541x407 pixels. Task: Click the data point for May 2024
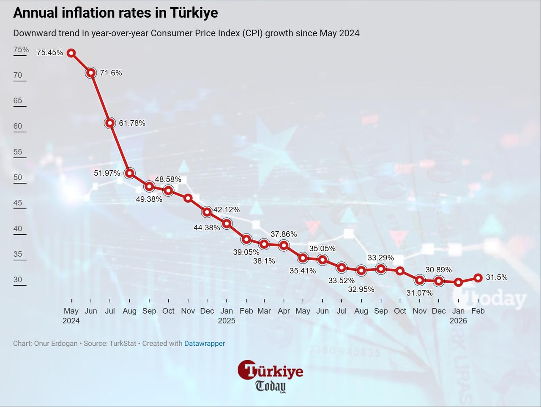point(71,53)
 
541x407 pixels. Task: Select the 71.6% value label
point(111,73)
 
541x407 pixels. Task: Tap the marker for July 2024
point(110,123)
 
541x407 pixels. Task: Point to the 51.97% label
point(107,173)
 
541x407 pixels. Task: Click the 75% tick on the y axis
point(21,50)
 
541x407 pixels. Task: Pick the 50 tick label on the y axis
point(18,177)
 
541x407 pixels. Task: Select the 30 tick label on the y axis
point(18,279)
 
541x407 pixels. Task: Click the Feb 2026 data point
point(478,278)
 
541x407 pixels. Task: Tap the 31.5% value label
point(496,277)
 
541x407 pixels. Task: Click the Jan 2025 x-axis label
point(227,315)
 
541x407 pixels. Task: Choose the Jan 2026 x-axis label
point(458,315)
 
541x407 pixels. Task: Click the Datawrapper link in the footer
point(205,344)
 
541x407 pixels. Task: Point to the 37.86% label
point(284,234)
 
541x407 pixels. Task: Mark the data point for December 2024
point(207,212)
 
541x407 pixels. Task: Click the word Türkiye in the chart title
point(194,13)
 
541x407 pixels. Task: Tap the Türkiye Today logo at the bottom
point(270,376)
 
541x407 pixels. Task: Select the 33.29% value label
point(380,258)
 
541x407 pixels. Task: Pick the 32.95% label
point(361,290)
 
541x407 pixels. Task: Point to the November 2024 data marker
point(188,198)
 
